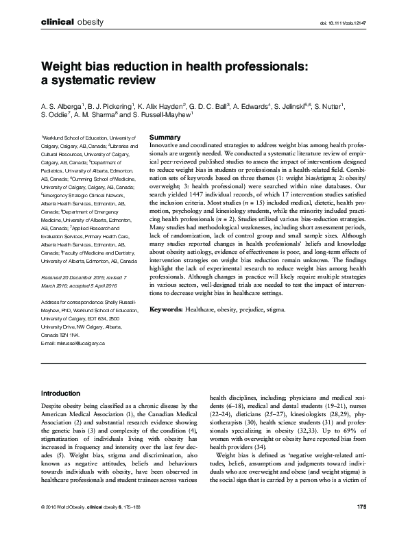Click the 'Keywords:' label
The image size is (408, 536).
pyautogui.click(x=166, y=309)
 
